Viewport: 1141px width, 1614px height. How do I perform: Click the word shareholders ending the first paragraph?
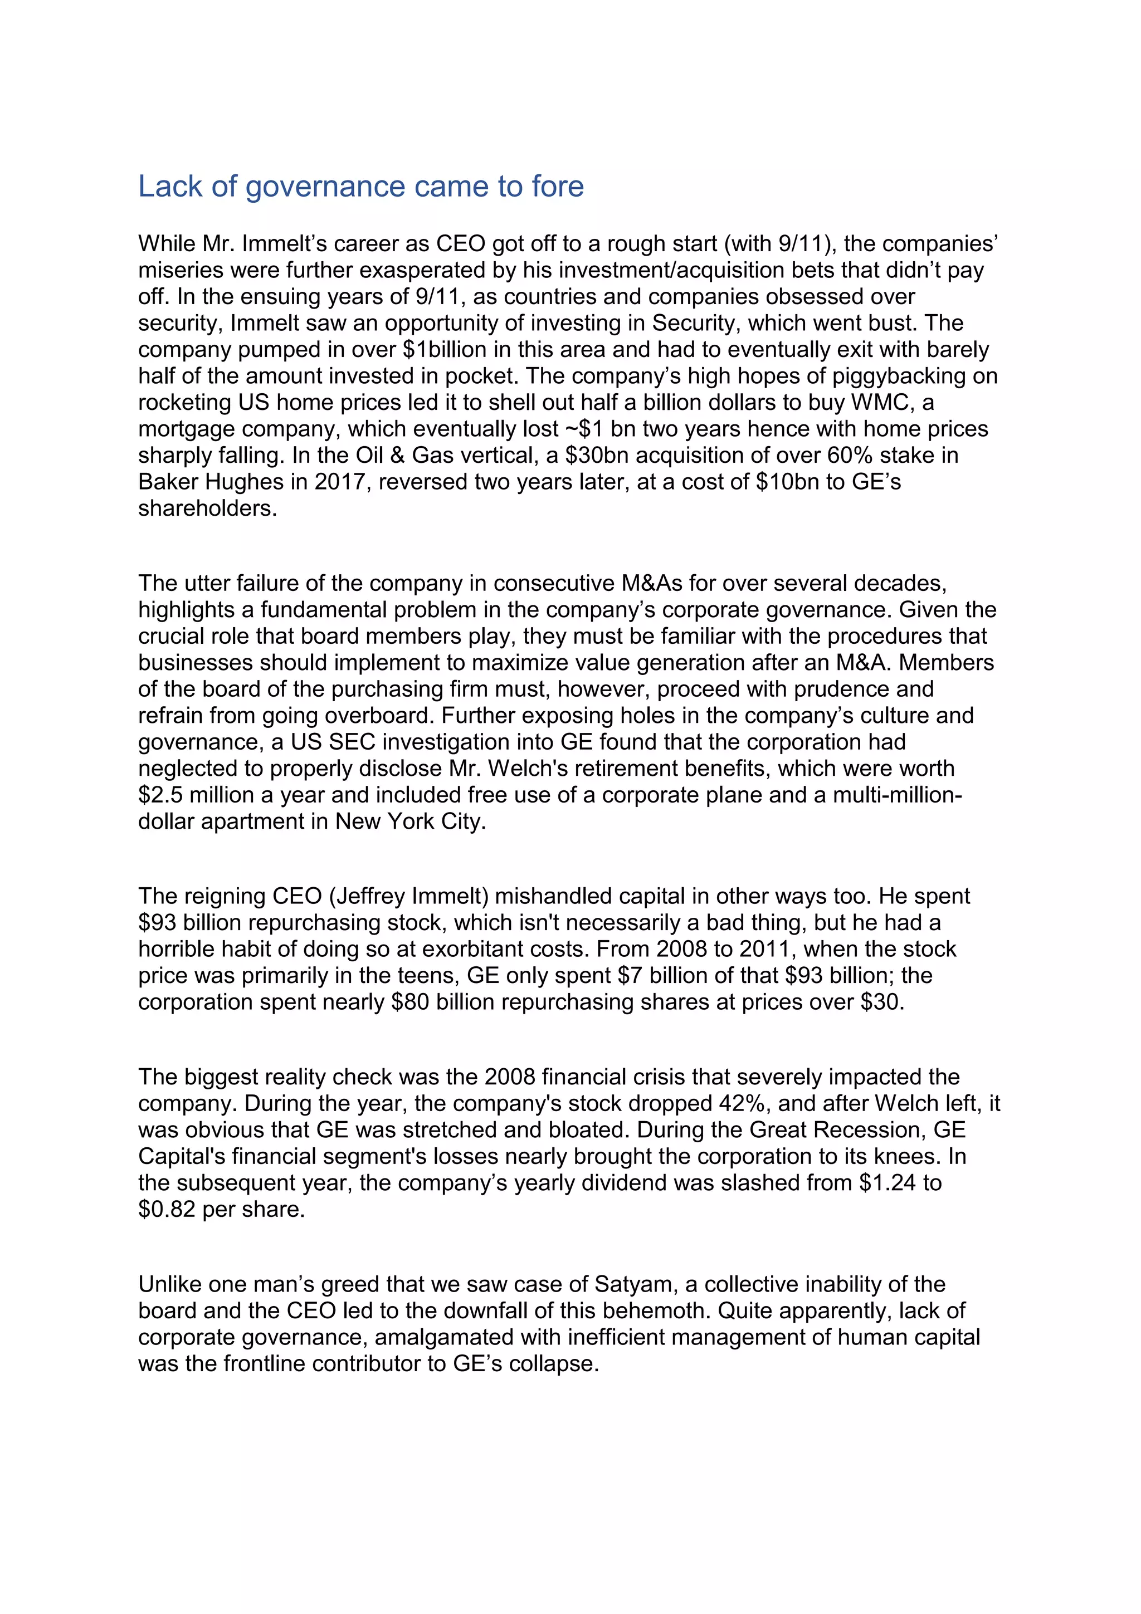click(207, 508)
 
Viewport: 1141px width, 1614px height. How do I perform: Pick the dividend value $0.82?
click(167, 1209)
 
